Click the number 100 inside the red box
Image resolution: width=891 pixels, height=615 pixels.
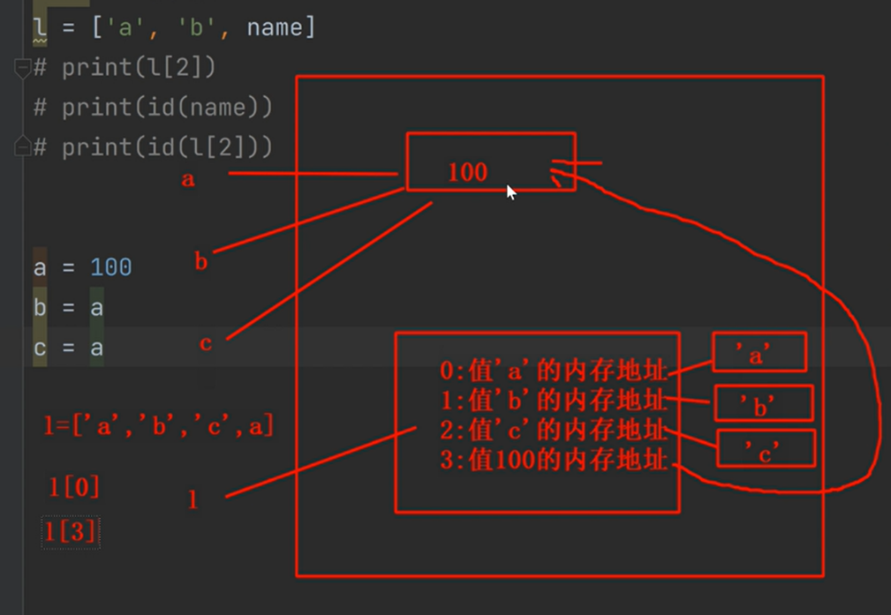coord(467,172)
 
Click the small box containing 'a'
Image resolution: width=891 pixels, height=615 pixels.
coord(759,353)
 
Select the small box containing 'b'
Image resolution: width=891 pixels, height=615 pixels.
coord(763,404)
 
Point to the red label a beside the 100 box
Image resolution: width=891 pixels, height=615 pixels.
coord(187,179)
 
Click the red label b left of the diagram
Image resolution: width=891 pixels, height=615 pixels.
coord(201,261)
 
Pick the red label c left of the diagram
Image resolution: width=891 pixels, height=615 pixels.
coord(205,343)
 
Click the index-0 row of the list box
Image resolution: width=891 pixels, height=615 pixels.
coord(555,370)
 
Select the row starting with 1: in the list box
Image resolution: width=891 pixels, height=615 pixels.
coord(555,400)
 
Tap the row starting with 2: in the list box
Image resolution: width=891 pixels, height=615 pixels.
coord(555,430)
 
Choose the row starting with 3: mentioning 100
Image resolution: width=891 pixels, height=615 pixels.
coord(555,460)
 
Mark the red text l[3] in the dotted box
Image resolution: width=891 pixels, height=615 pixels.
coord(71,532)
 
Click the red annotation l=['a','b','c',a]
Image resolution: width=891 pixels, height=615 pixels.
coord(159,427)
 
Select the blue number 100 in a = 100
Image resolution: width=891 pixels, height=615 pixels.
coord(110,266)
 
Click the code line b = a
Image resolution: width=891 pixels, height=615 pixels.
coord(69,307)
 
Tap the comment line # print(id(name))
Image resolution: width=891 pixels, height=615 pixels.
coord(153,107)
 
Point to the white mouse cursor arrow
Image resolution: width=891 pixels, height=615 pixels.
coord(510,191)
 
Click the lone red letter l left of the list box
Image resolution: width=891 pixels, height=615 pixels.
coord(193,499)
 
